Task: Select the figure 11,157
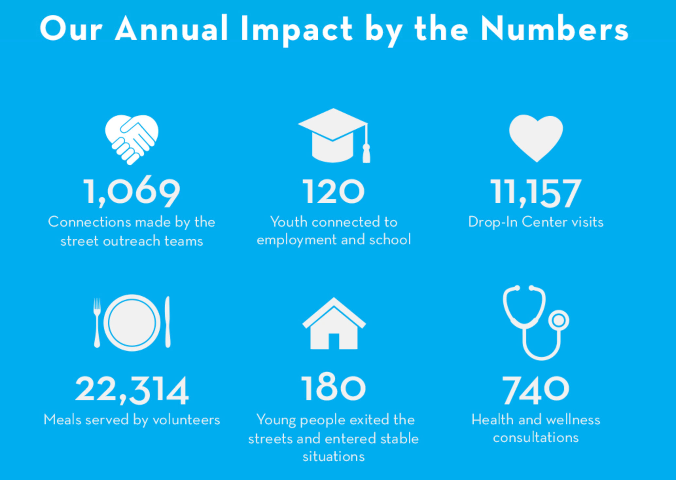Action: click(536, 193)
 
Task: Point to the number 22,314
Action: click(132, 390)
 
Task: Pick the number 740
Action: click(536, 390)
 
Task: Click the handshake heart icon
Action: click(132, 139)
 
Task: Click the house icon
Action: click(334, 324)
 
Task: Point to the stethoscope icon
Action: click(536, 322)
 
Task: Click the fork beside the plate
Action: click(97, 323)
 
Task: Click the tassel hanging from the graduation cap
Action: click(366, 153)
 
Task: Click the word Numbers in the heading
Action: click(554, 29)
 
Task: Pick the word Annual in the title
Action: click(171, 29)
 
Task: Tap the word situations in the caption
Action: click(333, 456)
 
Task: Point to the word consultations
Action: click(536, 437)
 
